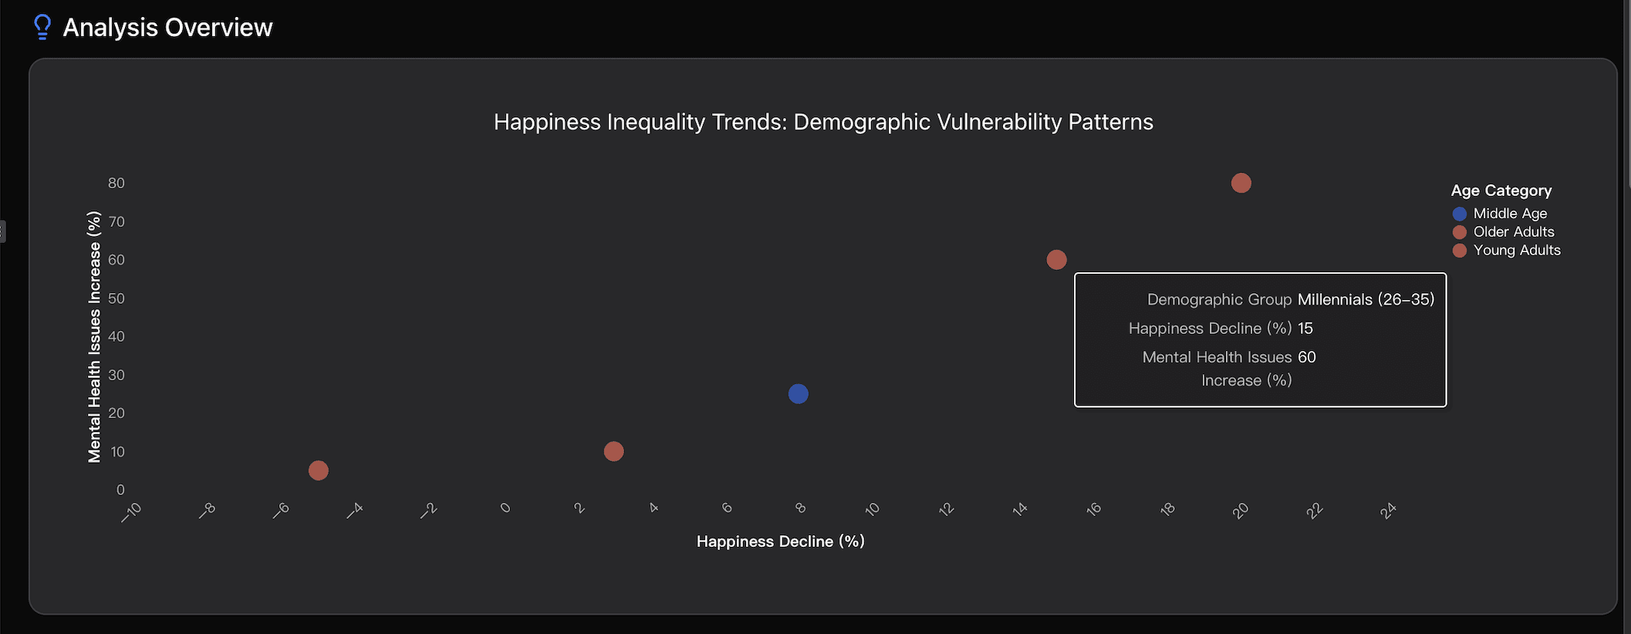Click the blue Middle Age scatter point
coord(798,394)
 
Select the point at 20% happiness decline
coord(1241,184)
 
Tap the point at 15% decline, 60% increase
coord(1056,260)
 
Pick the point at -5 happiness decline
coord(318,470)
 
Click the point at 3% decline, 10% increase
coord(613,451)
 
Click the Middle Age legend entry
coord(1509,214)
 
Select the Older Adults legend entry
coord(1513,232)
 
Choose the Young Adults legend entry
coord(1516,251)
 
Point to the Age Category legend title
coord(1501,191)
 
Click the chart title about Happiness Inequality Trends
coord(823,122)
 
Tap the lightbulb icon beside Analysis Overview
coord(42,27)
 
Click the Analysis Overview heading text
coord(167,28)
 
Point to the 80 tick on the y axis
coord(117,184)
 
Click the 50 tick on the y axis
coord(117,298)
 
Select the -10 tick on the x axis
coord(132,511)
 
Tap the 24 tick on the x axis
coord(1388,511)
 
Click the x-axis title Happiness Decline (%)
coord(780,541)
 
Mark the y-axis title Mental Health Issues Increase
coord(94,336)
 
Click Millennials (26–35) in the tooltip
coord(1366,299)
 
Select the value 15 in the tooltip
coord(1305,329)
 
